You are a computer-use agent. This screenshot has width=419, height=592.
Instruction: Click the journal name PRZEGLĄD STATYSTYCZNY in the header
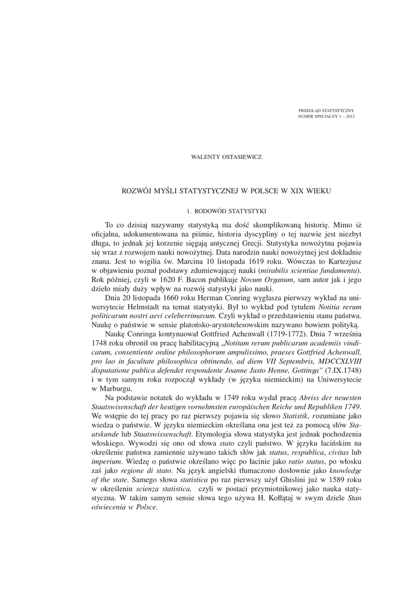click(326, 110)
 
